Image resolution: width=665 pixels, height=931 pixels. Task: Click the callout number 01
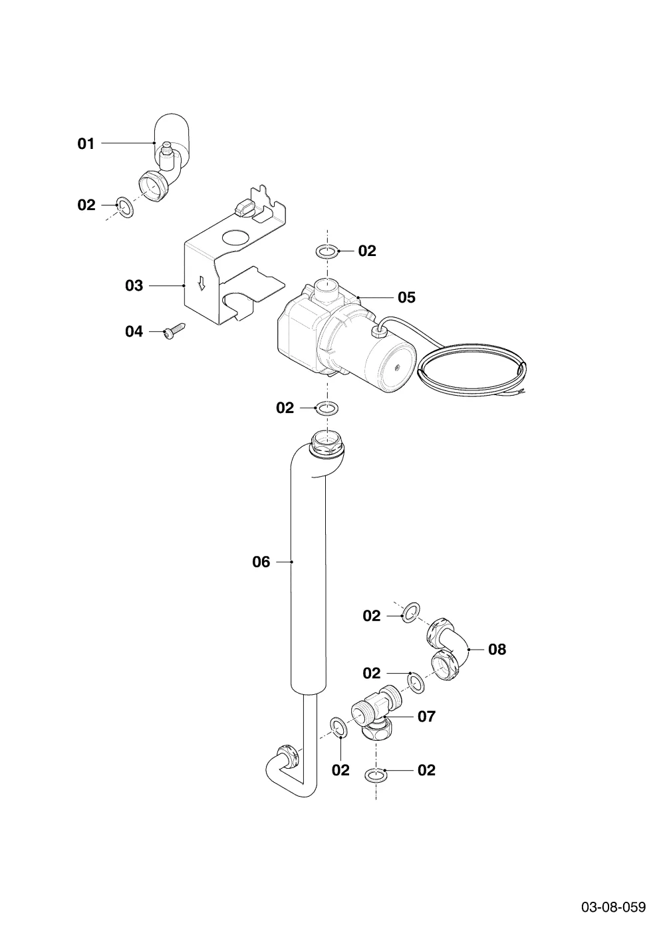tap(86, 144)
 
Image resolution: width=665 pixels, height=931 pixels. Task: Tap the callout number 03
tap(134, 285)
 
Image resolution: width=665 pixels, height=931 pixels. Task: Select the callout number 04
tap(134, 331)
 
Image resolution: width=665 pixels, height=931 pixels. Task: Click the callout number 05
tap(406, 297)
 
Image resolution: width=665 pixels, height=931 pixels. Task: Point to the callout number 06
tap(261, 562)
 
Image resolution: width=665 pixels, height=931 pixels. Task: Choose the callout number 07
tap(426, 716)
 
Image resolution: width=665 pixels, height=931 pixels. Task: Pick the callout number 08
tap(497, 649)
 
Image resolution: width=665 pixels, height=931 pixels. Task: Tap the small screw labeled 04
tap(174, 331)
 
